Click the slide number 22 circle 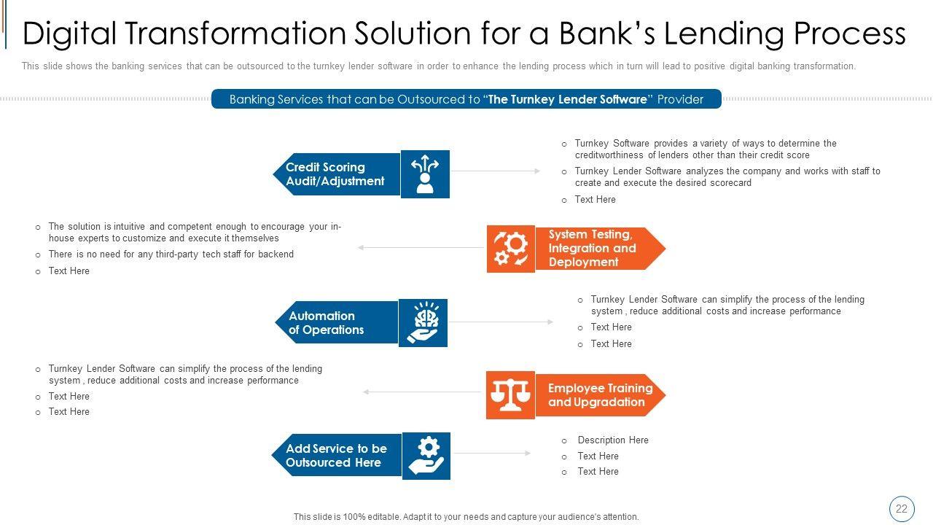[902, 509]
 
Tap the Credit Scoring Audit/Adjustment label [335, 174]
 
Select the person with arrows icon [425, 174]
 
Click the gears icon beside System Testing [511, 249]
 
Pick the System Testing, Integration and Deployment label [592, 249]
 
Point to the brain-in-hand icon [423, 322]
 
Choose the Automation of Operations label [326, 323]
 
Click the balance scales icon [510, 394]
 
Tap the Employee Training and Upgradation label [600, 395]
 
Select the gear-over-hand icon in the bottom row [426, 456]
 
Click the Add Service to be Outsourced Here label [336, 456]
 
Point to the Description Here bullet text [612, 440]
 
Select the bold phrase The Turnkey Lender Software [568, 99]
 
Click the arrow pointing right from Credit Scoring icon [496, 171]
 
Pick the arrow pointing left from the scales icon [423, 392]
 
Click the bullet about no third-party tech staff [171, 254]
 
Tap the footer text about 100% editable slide [466, 517]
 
